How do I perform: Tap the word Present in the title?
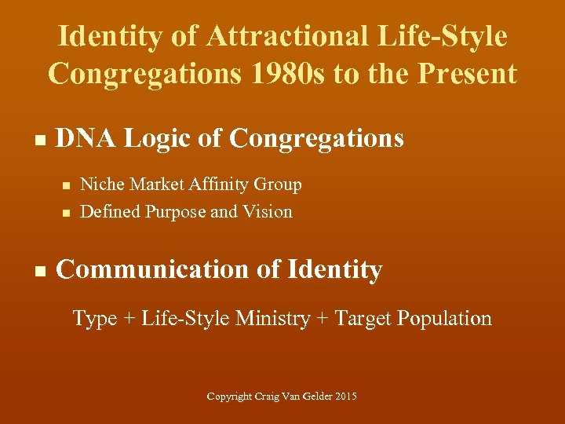pos(469,74)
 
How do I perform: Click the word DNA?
pos(85,139)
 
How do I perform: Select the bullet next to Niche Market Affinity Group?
pos(66,185)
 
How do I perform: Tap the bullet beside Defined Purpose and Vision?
pos(66,213)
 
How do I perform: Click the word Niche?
pos(100,185)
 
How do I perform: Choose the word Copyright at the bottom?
pos(229,397)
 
